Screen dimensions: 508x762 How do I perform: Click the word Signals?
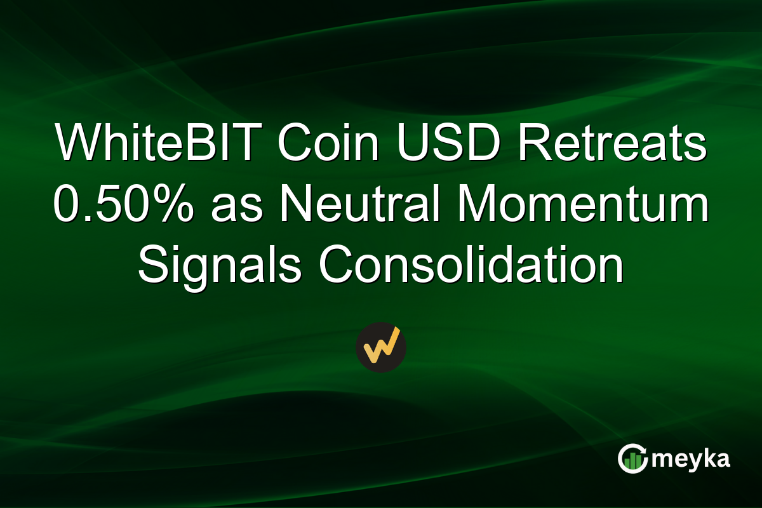[220, 265]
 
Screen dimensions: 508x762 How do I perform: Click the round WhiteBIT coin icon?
[381, 347]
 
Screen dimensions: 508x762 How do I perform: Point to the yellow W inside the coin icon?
[381, 346]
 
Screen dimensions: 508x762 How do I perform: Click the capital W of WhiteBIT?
[76, 144]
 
